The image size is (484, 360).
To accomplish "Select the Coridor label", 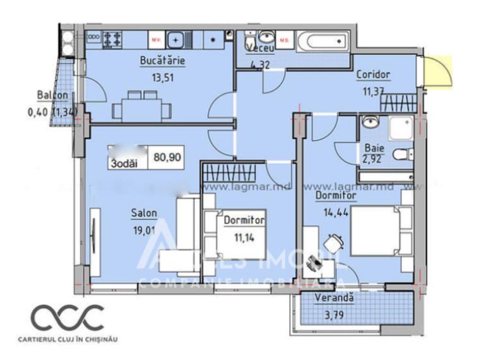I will coord(373,75).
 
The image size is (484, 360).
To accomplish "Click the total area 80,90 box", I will coord(167,159).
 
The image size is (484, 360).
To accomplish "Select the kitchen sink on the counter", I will coord(179,39).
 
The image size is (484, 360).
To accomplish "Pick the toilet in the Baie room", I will coord(402,153).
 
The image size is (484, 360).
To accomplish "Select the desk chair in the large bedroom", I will coord(334,242).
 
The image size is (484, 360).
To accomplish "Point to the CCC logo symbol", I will coord(68,318).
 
